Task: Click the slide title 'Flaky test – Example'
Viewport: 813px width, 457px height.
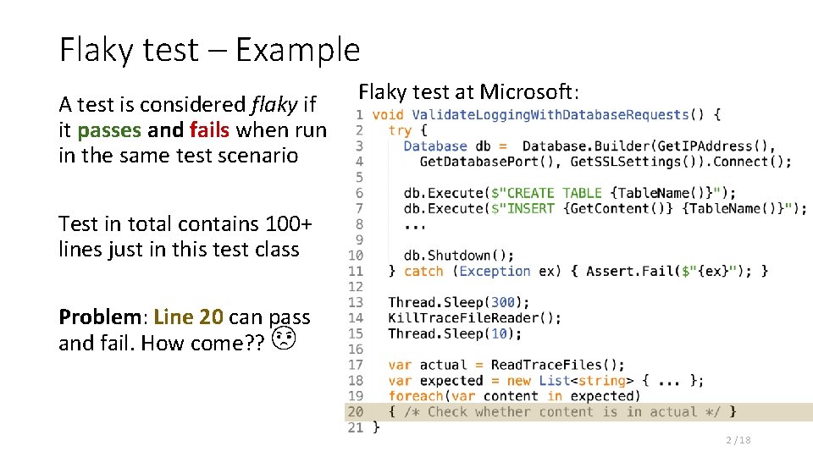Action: click(x=209, y=50)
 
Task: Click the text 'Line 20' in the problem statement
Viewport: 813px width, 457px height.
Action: click(x=188, y=317)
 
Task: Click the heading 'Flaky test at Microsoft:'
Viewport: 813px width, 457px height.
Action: click(x=469, y=91)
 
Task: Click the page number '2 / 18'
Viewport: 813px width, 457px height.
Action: click(x=738, y=440)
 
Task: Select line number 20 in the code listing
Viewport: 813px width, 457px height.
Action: click(x=356, y=412)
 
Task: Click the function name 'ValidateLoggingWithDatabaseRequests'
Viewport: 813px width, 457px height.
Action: click(x=550, y=114)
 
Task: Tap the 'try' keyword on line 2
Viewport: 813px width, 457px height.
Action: click(x=401, y=130)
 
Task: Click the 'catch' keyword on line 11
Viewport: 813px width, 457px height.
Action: click(x=423, y=271)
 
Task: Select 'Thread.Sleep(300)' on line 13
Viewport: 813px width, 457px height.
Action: click(x=458, y=302)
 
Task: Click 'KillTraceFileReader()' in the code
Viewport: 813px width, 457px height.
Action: click(x=474, y=318)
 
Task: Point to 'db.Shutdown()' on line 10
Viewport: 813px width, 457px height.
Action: click(x=458, y=256)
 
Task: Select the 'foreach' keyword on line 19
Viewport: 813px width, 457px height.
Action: click(x=416, y=396)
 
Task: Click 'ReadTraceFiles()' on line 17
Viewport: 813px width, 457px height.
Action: click(x=557, y=365)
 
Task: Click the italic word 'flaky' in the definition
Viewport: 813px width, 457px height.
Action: click(x=274, y=105)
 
